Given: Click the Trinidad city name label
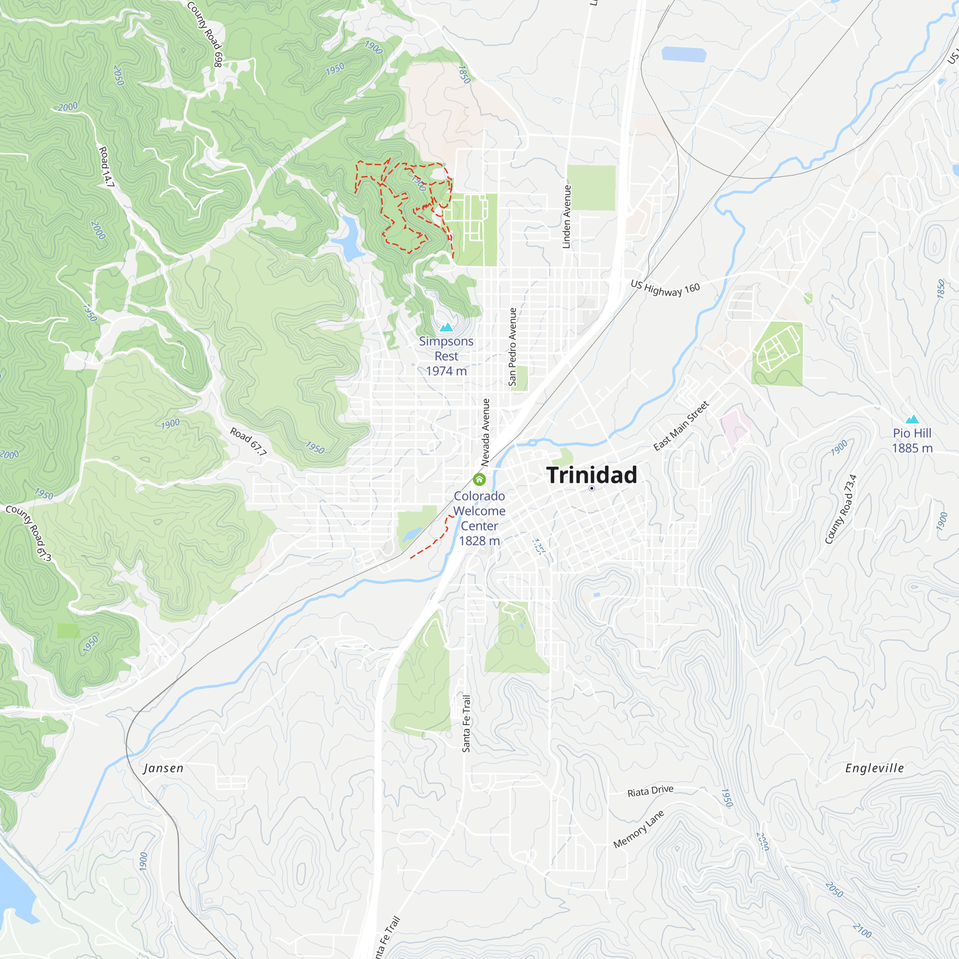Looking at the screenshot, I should [x=591, y=475].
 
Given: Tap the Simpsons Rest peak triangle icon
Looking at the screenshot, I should [x=446, y=327].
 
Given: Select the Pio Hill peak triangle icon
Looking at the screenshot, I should [x=912, y=420].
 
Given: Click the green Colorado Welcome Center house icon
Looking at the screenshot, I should [x=479, y=479].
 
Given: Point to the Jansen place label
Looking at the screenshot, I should [x=164, y=768].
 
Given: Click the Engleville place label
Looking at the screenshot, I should [x=874, y=768].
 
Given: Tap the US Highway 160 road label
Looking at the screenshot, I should [x=665, y=288].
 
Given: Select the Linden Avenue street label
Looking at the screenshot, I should [x=566, y=217].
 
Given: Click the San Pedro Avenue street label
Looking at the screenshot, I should [x=512, y=347].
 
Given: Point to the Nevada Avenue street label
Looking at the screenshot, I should [x=485, y=433].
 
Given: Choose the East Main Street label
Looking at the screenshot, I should [x=681, y=426].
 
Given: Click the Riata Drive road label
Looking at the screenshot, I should [x=650, y=791].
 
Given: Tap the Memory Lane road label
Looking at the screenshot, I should [x=638, y=830].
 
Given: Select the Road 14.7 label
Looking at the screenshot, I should [x=106, y=167].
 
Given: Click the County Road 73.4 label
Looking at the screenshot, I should [x=841, y=509].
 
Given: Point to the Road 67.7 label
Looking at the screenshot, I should [x=248, y=442].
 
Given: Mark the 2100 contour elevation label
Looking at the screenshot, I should [x=862, y=930].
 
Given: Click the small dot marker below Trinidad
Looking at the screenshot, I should [x=592, y=489].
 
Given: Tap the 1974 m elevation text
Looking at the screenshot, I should [x=446, y=371].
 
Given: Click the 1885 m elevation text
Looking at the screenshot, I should [x=912, y=448].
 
